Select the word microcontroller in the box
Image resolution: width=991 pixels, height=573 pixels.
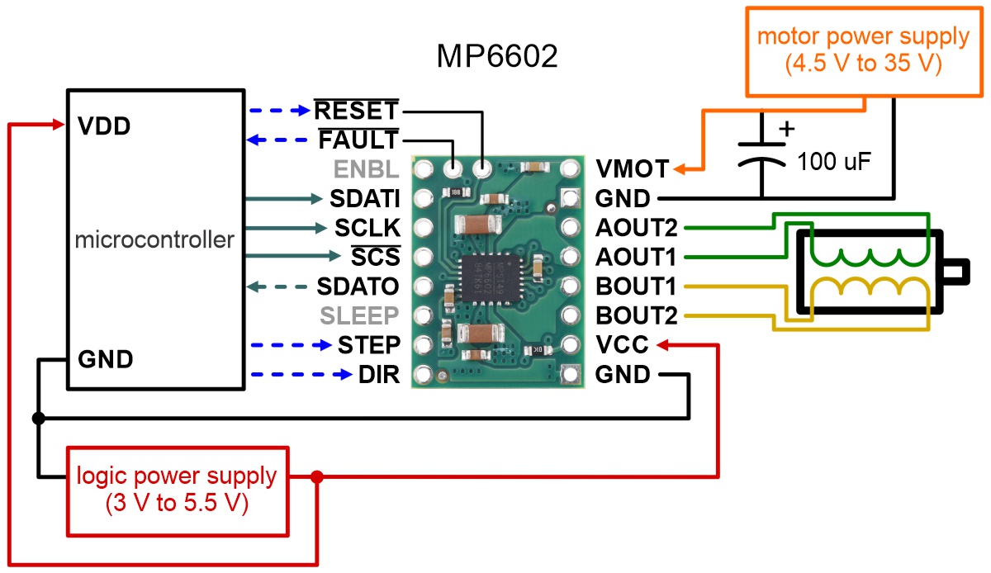click(x=154, y=240)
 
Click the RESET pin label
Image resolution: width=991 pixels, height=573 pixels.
click(x=357, y=111)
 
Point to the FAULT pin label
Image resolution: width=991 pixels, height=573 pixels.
click(x=358, y=140)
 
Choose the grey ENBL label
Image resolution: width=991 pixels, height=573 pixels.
click(x=367, y=170)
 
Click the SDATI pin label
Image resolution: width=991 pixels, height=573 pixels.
click(x=364, y=199)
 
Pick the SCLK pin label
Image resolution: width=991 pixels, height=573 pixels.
click(x=367, y=228)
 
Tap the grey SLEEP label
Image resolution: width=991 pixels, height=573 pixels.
click(x=359, y=315)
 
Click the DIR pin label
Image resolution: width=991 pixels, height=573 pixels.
click(x=379, y=375)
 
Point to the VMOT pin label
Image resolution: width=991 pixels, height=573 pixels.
click(x=632, y=170)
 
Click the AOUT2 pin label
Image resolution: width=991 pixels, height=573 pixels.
click(x=635, y=228)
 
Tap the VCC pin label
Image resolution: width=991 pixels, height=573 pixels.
click(x=622, y=344)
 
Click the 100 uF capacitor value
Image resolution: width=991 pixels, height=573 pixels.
click(x=834, y=162)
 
